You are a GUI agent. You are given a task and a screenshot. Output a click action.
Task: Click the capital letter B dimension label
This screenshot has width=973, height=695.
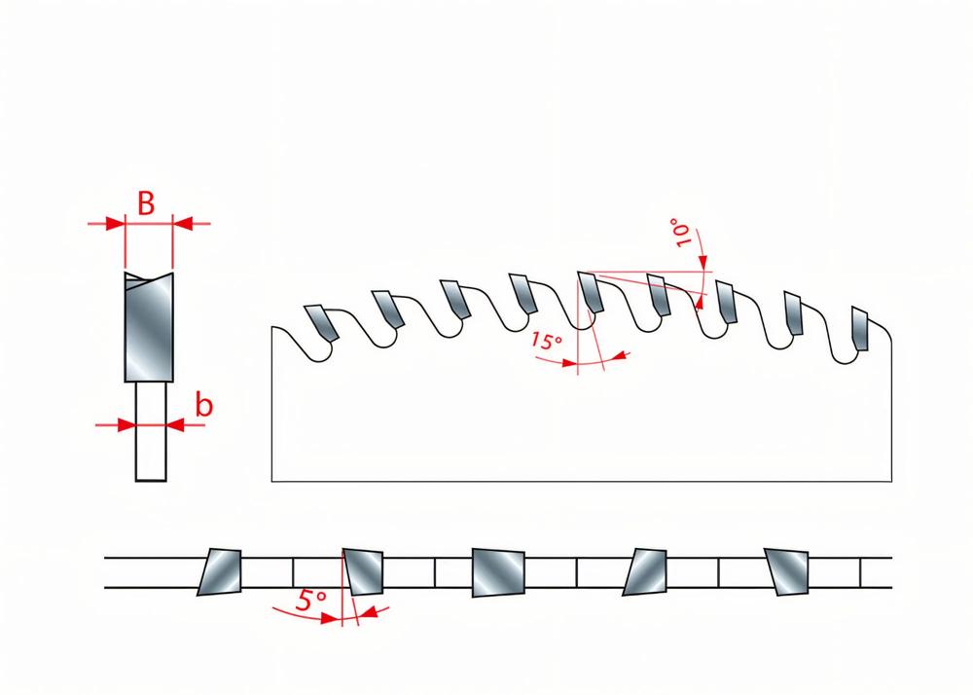[x=146, y=203]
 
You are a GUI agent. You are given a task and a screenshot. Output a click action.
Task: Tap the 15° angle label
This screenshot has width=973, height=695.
[x=546, y=341]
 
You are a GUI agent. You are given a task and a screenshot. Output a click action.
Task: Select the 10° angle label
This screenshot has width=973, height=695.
[x=681, y=232]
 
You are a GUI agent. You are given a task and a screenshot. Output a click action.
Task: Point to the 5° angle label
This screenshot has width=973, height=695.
[x=311, y=600]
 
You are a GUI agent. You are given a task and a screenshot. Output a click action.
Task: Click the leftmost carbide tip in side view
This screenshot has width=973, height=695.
[x=321, y=323]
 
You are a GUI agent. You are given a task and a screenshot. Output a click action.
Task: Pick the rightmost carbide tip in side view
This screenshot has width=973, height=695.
[x=860, y=328]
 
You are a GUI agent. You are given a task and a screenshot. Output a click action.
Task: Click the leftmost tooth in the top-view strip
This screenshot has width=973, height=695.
[x=220, y=572]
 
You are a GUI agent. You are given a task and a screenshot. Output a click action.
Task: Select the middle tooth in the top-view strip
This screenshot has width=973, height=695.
[x=498, y=572]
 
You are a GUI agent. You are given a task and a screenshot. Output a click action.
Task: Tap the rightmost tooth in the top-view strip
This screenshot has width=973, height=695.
[x=787, y=572]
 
